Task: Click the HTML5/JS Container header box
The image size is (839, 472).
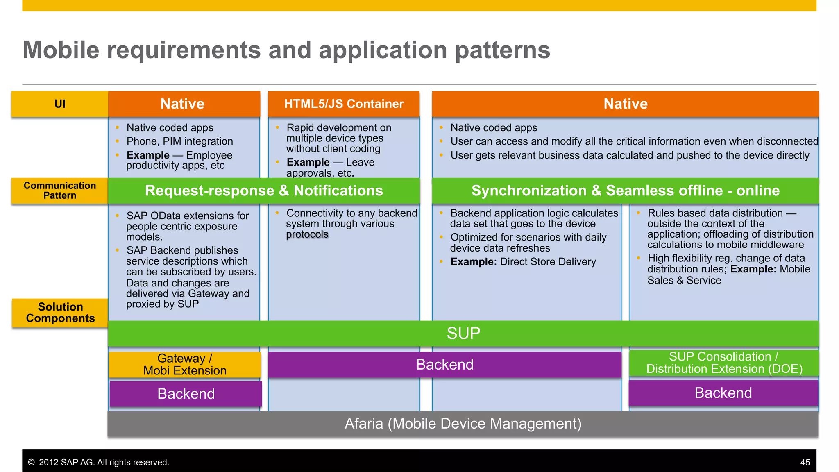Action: pos(344,104)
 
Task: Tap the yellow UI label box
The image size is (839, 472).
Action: pos(60,104)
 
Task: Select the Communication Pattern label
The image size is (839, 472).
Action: pos(60,191)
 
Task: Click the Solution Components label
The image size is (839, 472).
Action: pos(60,313)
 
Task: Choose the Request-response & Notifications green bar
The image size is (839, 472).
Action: pos(264,191)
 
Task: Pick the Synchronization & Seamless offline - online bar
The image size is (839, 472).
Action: pos(625,191)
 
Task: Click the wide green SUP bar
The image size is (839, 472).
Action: pos(463,333)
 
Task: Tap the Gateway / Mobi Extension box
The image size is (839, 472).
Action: pos(185,364)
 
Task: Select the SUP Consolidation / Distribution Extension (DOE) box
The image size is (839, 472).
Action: pos(724,363)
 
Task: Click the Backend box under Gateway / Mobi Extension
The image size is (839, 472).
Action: pos(186,394)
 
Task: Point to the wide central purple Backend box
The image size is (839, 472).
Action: pos(444,364)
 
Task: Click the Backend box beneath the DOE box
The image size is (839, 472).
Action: pos(723,393)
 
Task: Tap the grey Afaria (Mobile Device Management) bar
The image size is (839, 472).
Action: pos(463,424)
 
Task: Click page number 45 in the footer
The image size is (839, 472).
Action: pos(805,462)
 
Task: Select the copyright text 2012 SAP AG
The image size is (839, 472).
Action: pos(98,462)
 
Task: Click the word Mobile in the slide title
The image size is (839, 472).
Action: pos(61,50)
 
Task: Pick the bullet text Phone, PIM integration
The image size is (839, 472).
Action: pos(179,141)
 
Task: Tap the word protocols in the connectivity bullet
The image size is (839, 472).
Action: pos(307,234)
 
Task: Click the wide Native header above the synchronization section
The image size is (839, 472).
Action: pos(625,104)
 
